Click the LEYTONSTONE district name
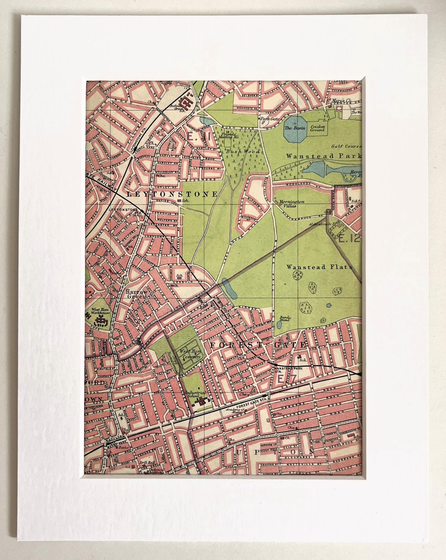[172, 194]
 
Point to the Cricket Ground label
[318, 128]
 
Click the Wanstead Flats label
[319, 267]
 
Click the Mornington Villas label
[292, 203]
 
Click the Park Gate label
[267, 119]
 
